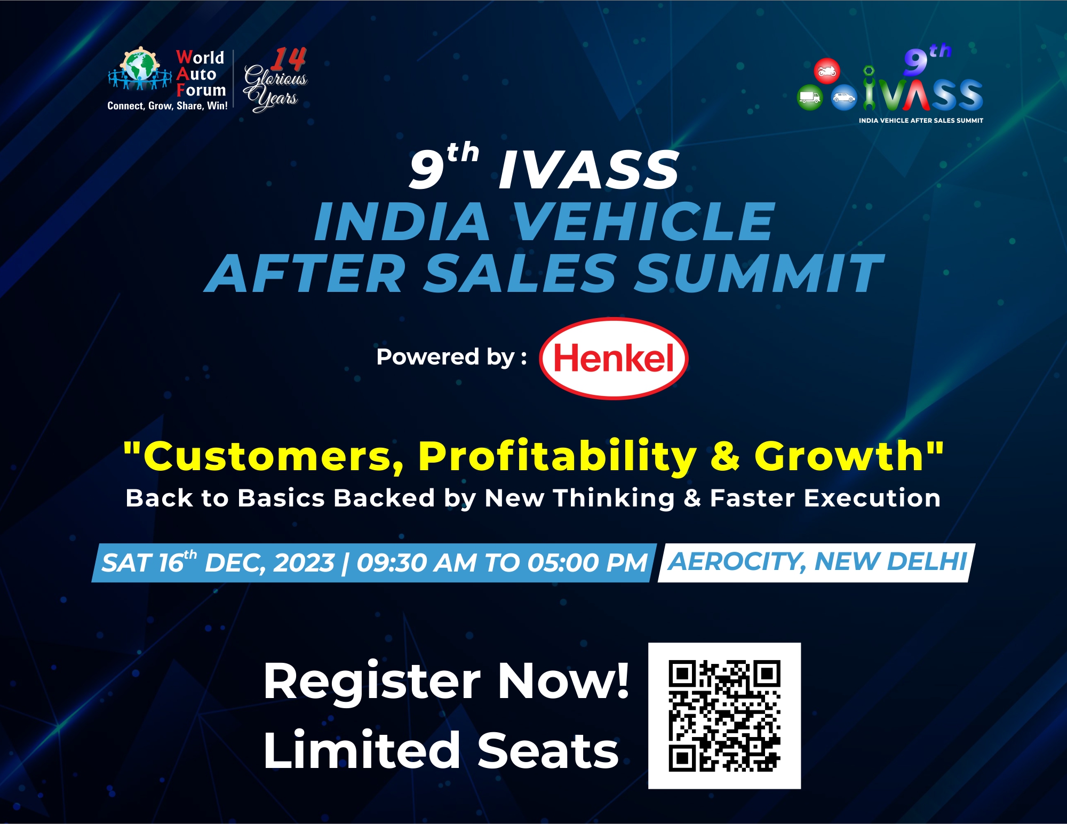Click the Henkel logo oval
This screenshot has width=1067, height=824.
coord(614,358)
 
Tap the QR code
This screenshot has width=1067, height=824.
coord(724,716)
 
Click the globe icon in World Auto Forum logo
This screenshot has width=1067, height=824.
coord(140,68)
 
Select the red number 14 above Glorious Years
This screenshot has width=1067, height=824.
coord(288,59)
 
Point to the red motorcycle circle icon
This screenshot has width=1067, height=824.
coord(827,71)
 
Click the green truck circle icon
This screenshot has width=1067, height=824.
coord(810,98)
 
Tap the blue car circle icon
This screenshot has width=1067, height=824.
coord(844,98)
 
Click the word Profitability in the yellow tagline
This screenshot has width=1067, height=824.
coord(558,457)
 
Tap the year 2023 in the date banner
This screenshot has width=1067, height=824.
coord(304,563)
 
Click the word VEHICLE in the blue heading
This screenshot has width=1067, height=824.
coord(643,221)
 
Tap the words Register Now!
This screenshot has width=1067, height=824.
coord(447,681)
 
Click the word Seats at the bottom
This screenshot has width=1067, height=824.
coord(548,750)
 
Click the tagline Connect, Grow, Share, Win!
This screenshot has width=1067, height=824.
coord(168,106)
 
